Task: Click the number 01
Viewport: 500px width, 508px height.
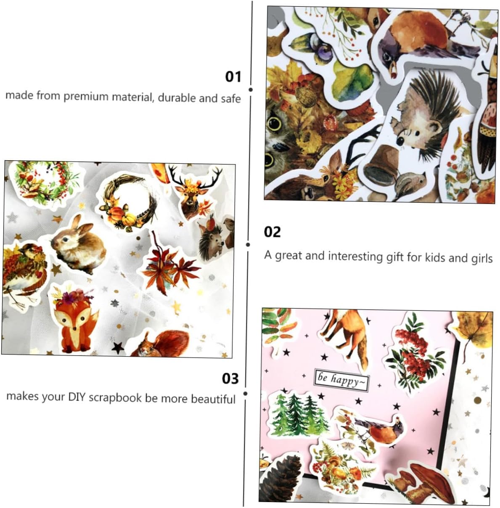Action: [x=233, y=77]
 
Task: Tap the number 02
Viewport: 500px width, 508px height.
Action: [x=272, y=232]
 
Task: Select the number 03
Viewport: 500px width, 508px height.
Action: [x=230, y=378]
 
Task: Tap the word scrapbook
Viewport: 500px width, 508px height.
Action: [x=115, y=397]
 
